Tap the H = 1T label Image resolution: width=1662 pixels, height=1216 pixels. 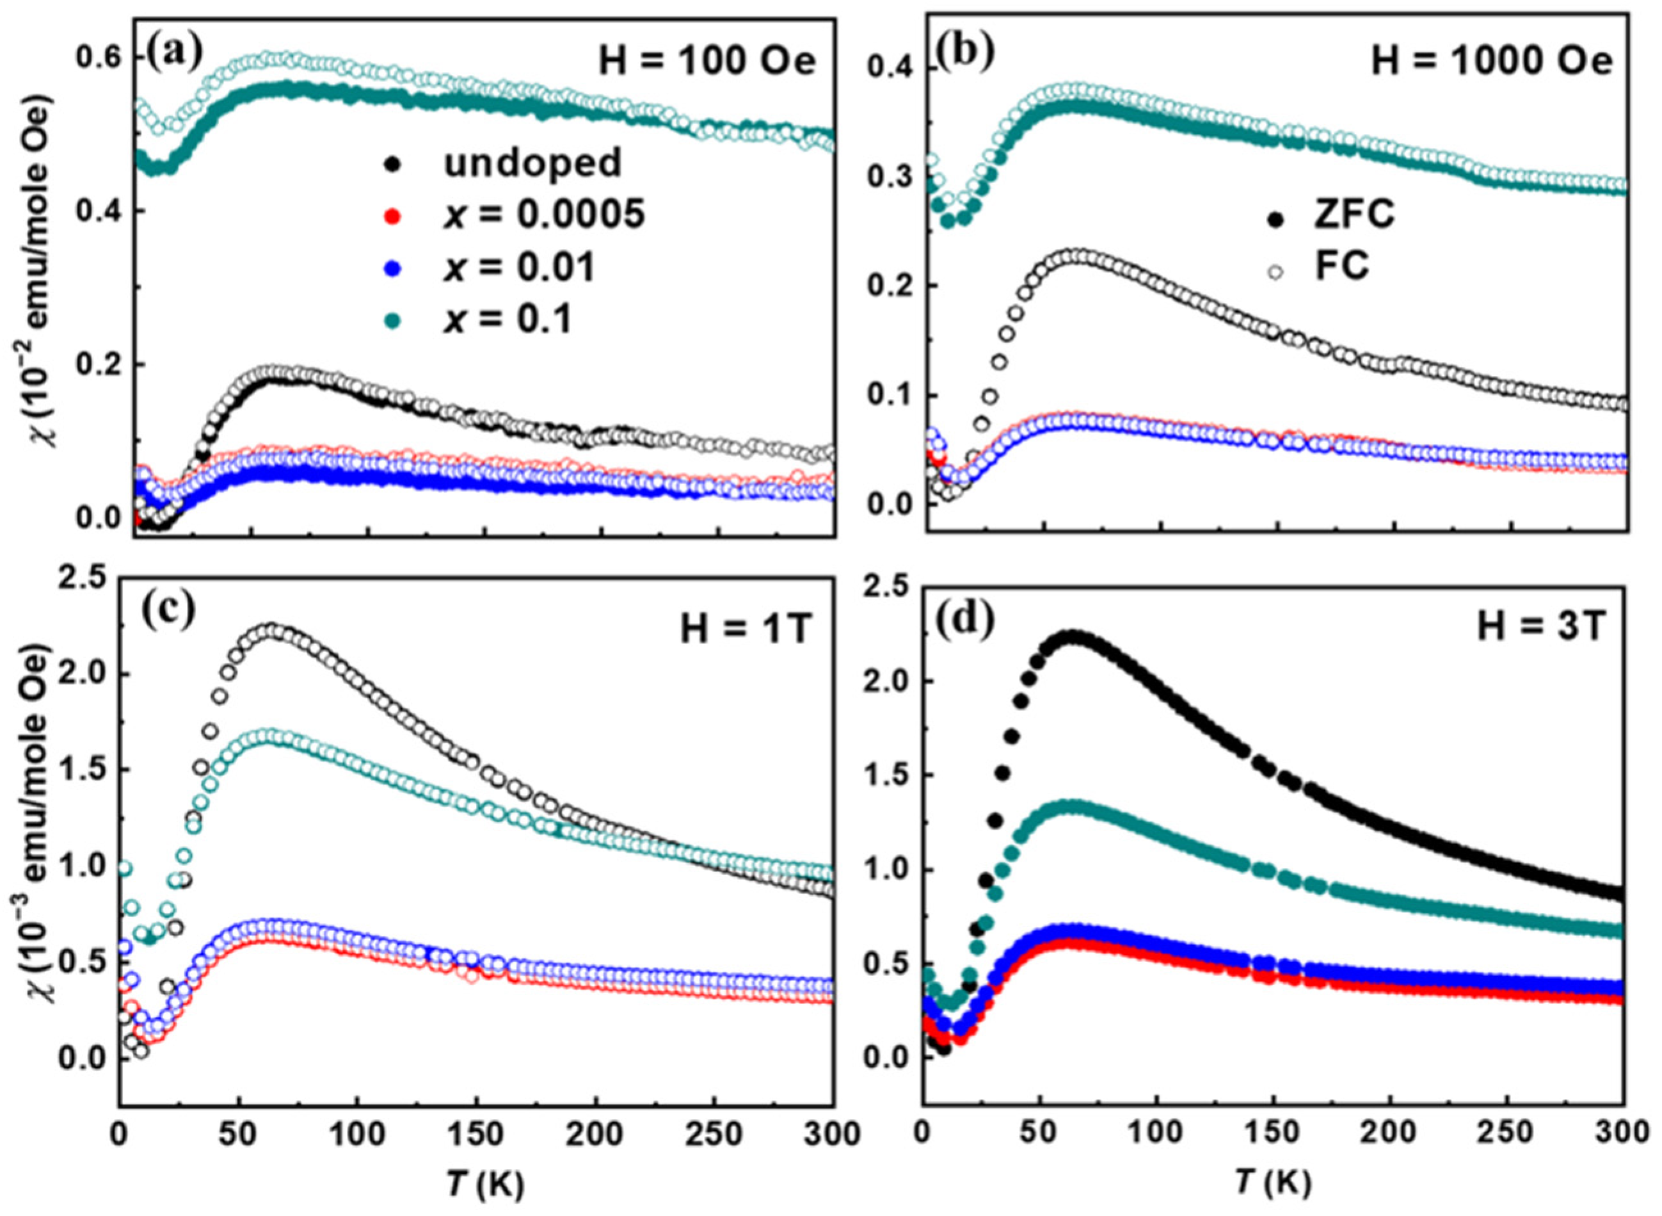click(744, 631)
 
